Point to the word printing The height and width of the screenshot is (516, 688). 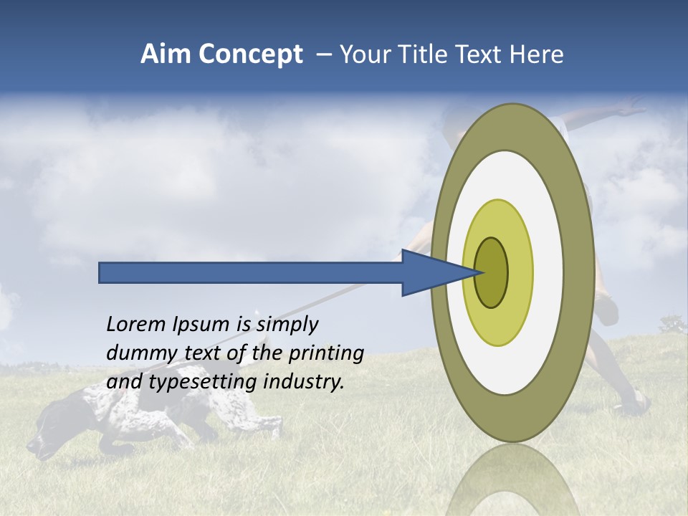325,354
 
